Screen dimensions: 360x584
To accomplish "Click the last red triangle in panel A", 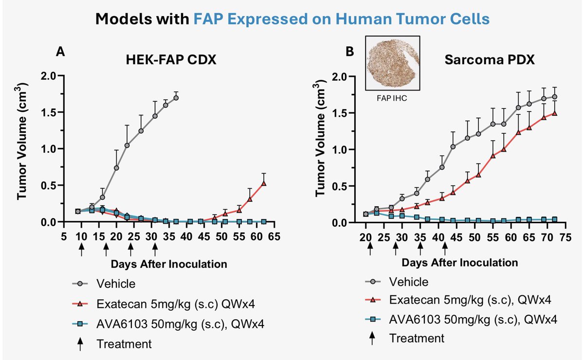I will click(263, 183).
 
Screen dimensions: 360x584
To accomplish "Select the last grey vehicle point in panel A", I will click(176, 98).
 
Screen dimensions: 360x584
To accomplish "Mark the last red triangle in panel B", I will click(554, 113).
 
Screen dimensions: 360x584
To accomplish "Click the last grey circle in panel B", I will click(554, 97).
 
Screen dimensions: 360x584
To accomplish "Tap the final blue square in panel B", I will click(554, 219).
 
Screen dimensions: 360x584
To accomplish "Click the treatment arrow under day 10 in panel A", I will click(81, 249).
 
